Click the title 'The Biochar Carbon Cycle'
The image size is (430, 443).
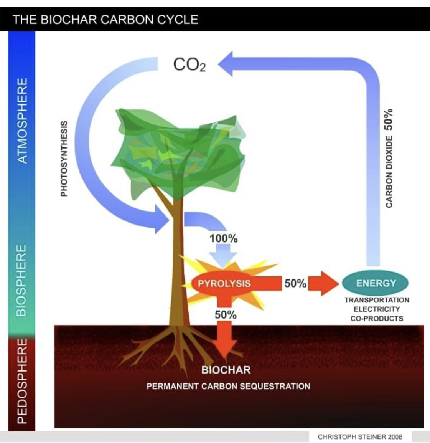tap(105, 20)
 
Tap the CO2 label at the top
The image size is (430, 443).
tap(189, 65)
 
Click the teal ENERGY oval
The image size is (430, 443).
tap(375, 283)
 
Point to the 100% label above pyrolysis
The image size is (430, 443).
tap(223, 239)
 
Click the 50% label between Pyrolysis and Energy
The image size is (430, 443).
tap(295, 283)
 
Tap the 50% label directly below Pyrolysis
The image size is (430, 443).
tap(226, 315)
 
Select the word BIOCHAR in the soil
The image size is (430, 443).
tap(226, 370)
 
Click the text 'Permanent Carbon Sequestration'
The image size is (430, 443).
tap(228, 386)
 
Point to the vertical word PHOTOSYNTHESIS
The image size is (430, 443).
tap(64, 159)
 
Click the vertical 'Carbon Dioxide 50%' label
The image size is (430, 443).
tap(389, 158)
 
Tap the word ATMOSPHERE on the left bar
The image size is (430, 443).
tap(22, 121)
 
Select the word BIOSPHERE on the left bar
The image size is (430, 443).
tap(21, 280)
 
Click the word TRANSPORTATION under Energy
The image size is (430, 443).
tap(377, 300)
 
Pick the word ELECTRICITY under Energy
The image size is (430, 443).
tap(377, 309)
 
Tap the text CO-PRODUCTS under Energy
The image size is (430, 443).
tap(377, 318)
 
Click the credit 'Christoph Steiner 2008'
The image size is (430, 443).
tap(360, 437)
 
